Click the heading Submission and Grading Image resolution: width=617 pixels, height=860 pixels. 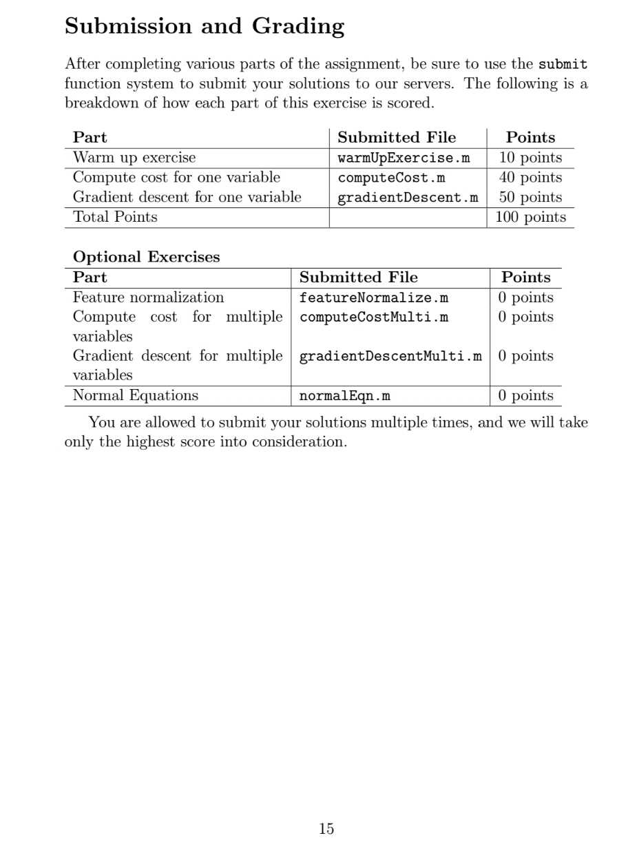point(205,27)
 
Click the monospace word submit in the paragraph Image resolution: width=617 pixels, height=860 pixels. point(563,65)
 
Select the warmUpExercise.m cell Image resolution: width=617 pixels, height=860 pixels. point(404,158)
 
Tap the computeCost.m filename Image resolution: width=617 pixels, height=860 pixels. point(391,178)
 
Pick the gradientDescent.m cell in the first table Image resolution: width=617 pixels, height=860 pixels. point(407,198)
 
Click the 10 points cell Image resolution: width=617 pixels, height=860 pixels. point(530,158)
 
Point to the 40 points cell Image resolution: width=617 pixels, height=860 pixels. point(530,178)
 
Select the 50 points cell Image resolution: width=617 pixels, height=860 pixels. point(530,198)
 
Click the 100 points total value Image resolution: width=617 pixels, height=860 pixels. point(530,218)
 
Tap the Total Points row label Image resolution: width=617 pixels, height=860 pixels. point(115,218)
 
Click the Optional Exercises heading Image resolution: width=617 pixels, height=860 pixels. point(146,258)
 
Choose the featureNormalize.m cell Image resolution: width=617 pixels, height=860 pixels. point(374,298)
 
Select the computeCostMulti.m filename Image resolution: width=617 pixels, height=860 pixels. point(374,317)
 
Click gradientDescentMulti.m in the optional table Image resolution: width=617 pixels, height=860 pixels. point(390,357)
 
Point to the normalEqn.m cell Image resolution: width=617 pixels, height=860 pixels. point(344,396)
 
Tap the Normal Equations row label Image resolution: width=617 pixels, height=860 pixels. point(135,396)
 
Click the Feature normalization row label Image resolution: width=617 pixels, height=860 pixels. point(148,298)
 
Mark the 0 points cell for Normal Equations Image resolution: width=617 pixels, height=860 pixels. point(525,396)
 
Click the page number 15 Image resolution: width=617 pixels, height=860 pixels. point(326,829)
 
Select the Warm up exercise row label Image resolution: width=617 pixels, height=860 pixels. point(134,158)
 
